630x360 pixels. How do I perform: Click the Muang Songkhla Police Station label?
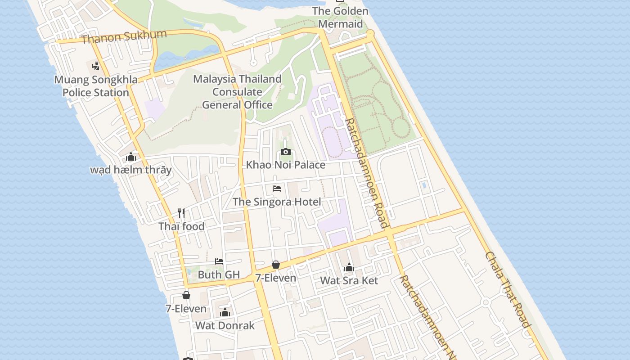96,86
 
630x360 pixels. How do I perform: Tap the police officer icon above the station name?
95,66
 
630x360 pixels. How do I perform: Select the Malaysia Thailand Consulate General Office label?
237,92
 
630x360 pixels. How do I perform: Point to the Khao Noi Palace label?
285,165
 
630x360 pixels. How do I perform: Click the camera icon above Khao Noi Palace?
285,152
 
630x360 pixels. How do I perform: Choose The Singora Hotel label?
277,202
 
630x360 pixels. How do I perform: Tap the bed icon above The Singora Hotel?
277,189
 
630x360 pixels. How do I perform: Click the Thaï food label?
181,226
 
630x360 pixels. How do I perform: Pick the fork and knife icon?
181,213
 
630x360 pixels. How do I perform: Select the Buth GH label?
219,274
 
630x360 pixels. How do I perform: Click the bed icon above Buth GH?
219,261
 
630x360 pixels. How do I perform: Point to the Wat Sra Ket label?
349,280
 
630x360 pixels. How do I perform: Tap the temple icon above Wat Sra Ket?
349,268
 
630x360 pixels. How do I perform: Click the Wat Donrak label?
225,325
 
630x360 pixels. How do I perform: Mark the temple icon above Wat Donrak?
225,312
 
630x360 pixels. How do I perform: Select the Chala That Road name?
507,289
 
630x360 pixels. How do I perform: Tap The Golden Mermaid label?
340,17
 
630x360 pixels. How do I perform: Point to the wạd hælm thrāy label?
131,170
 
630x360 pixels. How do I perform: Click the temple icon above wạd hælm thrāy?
131,157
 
